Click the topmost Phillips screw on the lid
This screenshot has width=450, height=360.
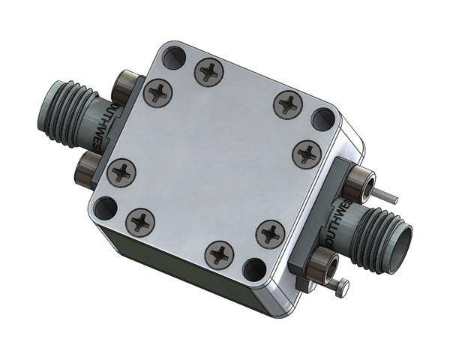click(x=208, y=72)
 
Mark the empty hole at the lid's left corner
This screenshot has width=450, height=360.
click(x=106, y=207)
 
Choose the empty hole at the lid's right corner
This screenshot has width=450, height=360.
click(x=323, y=118)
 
